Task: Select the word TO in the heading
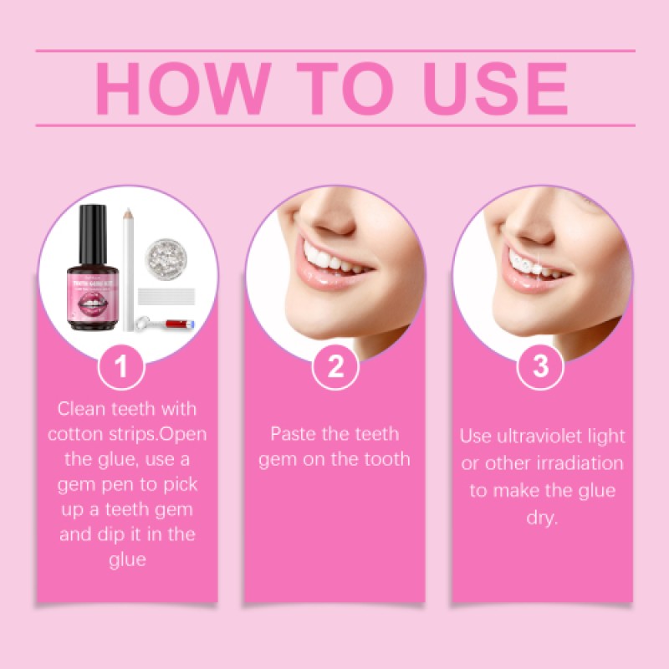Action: click(x=334, y=87)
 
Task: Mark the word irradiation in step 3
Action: click(x=578, y=463)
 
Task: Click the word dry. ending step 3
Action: click(x=542, y=518)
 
